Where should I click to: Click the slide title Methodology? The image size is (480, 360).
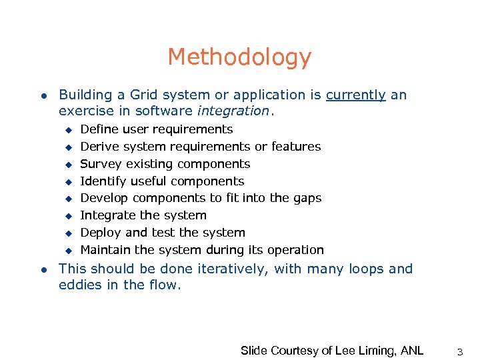239,57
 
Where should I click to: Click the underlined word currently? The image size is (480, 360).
355,95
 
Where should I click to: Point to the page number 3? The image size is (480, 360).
460,350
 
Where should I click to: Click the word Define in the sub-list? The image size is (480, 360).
99,129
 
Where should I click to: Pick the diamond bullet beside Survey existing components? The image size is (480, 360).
67,164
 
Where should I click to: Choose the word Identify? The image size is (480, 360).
101,181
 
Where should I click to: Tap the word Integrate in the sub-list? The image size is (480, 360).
106,215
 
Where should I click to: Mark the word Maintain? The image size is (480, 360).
105,250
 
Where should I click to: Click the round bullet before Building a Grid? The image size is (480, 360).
43,95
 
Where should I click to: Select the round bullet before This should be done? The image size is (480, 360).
43,270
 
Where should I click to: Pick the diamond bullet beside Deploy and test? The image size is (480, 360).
67,233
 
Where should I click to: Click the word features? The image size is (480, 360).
297,147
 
